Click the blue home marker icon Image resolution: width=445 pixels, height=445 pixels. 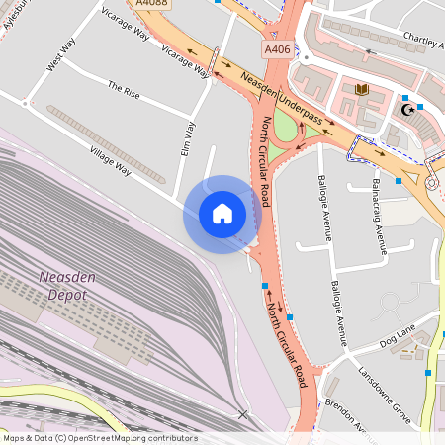coord(222,214)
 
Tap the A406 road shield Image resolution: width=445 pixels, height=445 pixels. coord(277,48)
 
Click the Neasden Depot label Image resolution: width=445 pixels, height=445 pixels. coord(67,287)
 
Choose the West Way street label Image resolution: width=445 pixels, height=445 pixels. coord(60,54)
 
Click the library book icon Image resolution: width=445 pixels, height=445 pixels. coord(361,90)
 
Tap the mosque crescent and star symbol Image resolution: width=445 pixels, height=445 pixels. coord(403,110)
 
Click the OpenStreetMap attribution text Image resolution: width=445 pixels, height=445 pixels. coord(99,438)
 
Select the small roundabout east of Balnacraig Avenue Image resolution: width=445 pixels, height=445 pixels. coord(432,182)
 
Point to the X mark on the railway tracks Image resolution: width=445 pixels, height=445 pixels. coord(242,414)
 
